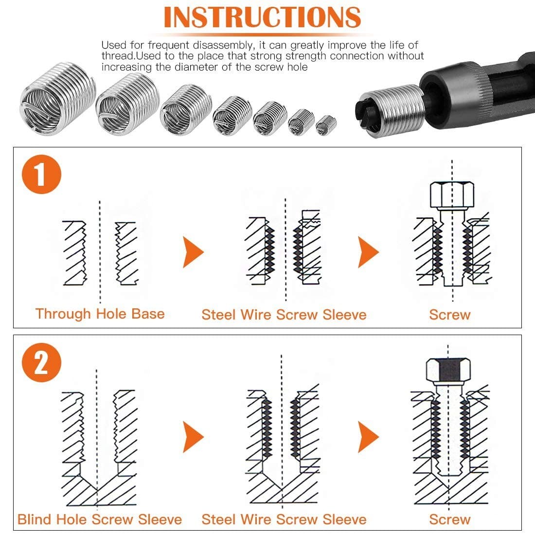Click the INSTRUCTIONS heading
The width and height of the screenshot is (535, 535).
click(262, 17)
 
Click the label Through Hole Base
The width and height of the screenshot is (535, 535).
click(100, 314)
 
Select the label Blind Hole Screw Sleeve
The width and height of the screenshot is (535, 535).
click(100, 519)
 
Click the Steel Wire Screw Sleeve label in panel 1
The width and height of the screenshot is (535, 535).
click(284, 315)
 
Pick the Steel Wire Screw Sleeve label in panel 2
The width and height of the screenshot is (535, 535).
click(284, 519)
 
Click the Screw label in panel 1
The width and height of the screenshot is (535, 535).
click(449, 315)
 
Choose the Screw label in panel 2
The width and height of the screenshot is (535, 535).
click(449, 519)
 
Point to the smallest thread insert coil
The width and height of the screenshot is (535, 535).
click(326, 125)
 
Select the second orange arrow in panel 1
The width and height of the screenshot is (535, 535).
click(368, 252)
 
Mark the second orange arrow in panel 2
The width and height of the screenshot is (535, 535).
click(368, 437)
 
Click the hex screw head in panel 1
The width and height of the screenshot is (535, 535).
click(452, 195)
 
